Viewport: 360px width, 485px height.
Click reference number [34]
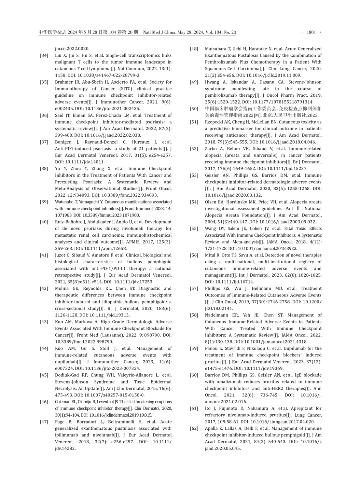pyautogui.click(x=44, y=55)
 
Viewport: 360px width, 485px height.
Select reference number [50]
pyautogui.click(x=194, y=109)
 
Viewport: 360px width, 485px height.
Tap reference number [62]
pyautogui.click(x=194, y=428)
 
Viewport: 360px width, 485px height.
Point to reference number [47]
pyautogui.click(x=44, y=422)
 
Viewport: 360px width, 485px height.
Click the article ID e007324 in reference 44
pyautogui.click(x=64, y=368)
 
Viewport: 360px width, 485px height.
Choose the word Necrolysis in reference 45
pyautogui.click(x=66, y=388)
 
